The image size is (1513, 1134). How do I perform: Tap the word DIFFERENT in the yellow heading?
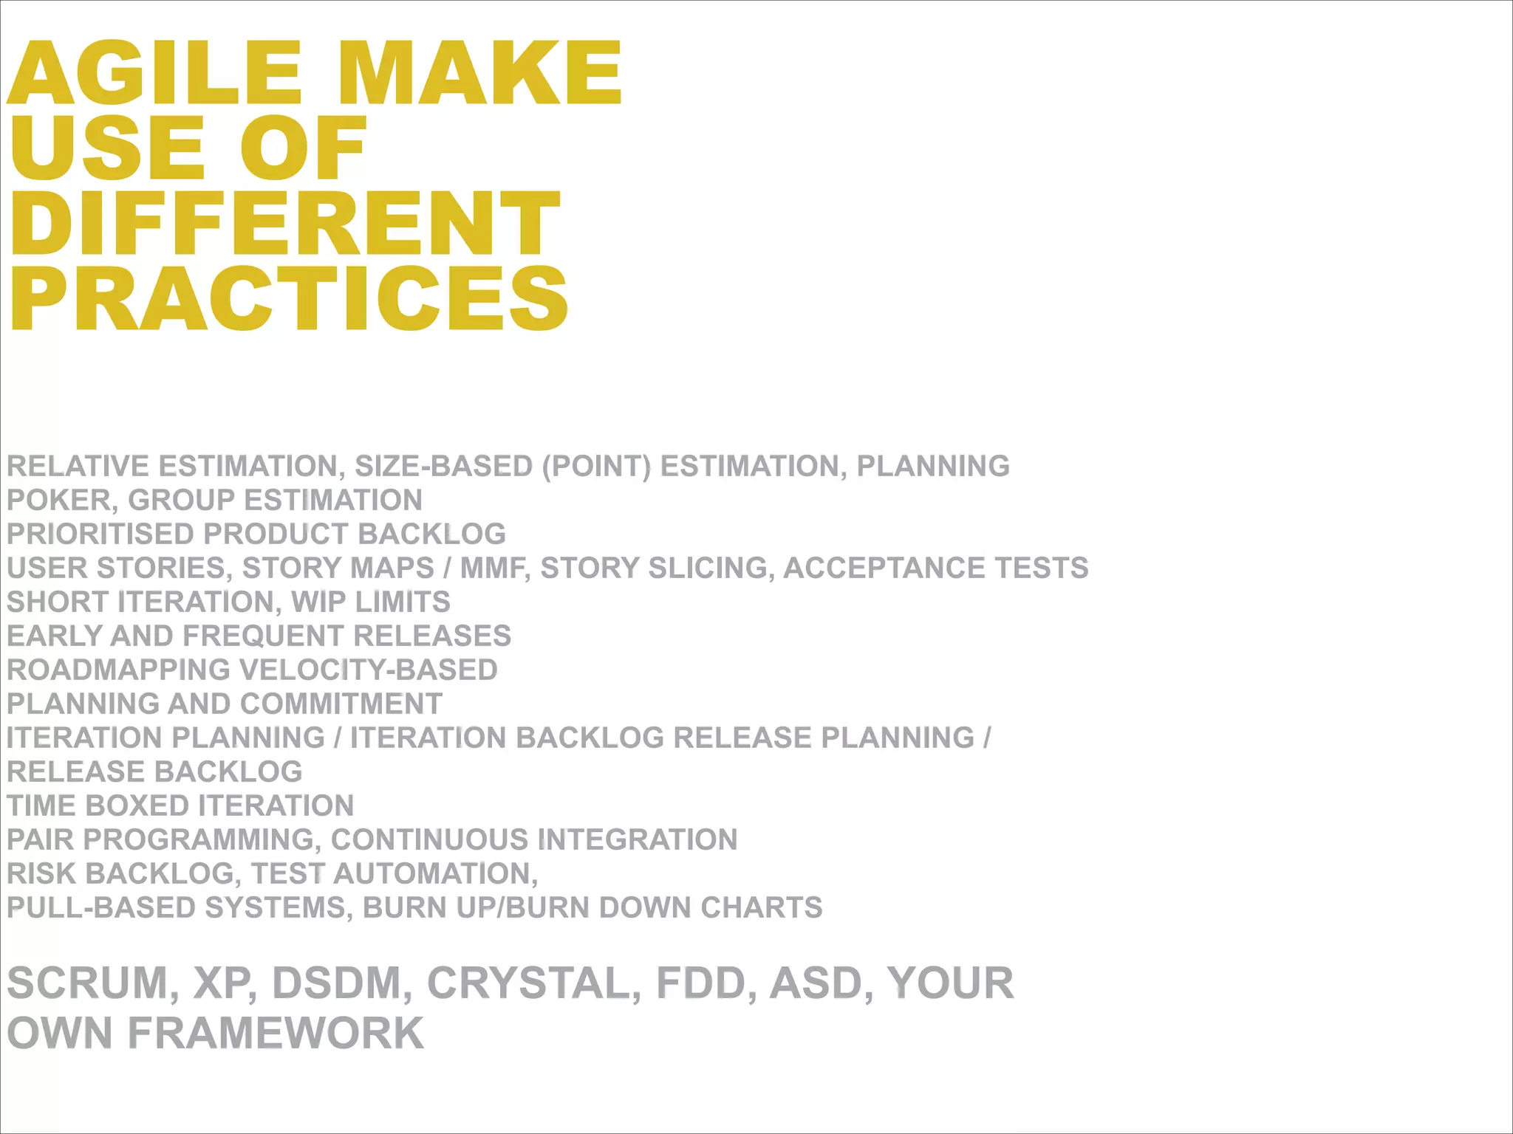(x=285, y=223)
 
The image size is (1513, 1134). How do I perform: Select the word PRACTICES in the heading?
(x=289, y=299)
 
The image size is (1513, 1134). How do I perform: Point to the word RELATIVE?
(x=78, y=467)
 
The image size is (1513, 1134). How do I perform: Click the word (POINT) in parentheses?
(x=597, y=467)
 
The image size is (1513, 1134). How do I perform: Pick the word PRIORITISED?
(x=100, y=535)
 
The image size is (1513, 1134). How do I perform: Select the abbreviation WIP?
(x=319, y=602)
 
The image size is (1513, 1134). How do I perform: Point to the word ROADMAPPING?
(x=119, y=670)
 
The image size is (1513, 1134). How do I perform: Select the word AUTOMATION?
(x=435, y=874)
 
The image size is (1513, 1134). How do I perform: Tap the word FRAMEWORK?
(x=276, y=1034)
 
